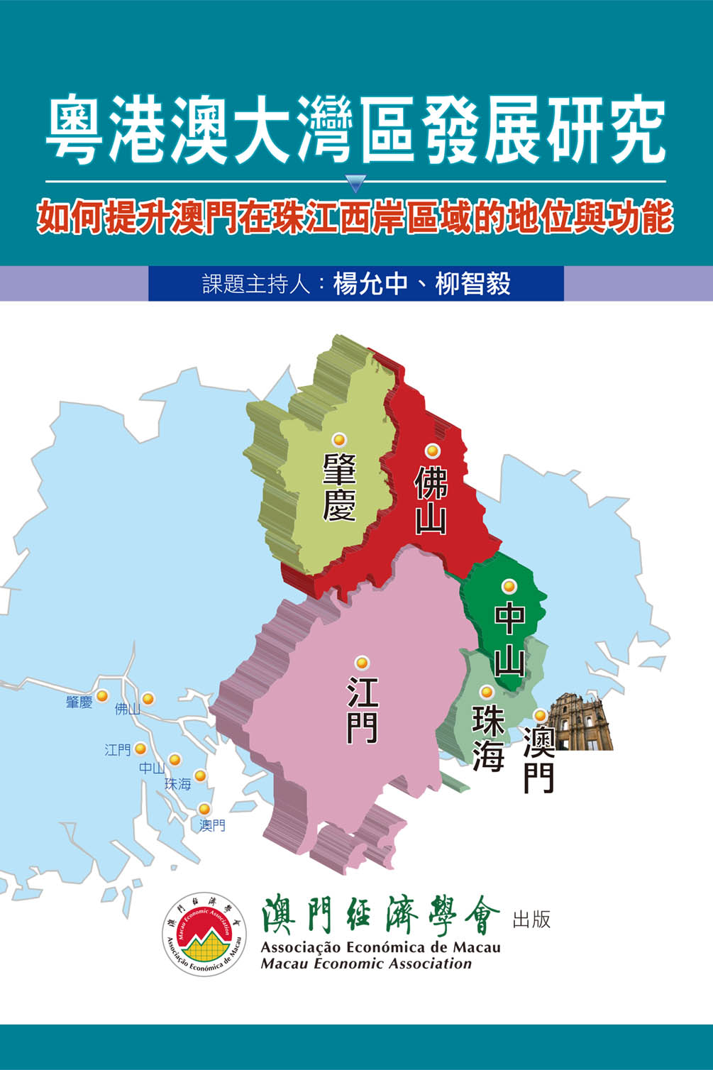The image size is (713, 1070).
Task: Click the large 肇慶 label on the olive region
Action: tap(339, 487)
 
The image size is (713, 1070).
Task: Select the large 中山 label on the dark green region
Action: tap(509, 639)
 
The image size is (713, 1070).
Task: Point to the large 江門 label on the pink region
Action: tap(362, 710)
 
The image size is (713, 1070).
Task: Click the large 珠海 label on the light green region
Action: tap(488, 738)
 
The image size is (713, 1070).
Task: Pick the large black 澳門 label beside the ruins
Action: tap(538, 759)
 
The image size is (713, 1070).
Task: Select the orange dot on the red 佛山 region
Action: tap(432, 451)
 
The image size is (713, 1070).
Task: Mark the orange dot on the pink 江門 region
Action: tap(362, 663)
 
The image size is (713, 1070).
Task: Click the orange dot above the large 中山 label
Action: tap(509, 586)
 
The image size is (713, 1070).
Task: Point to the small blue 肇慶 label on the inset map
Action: tap(79, 702)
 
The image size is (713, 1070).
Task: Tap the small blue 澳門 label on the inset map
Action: tap(212, 825)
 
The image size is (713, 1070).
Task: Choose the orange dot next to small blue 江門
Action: tap(140, 749)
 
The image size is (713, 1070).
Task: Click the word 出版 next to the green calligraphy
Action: tap(531, 920)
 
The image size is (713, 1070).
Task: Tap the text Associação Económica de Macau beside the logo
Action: tap(380, 947)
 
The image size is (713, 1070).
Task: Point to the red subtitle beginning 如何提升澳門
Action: tap(355, 218)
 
